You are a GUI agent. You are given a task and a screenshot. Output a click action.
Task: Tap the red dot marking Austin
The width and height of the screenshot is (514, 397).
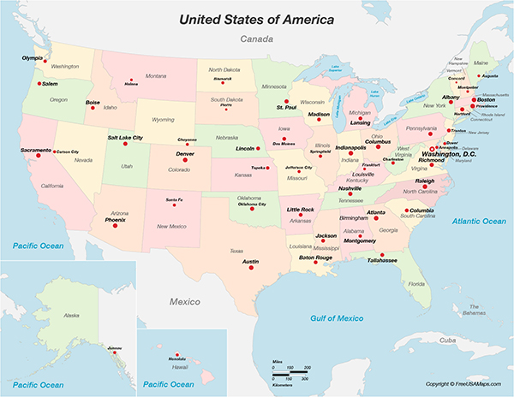252,268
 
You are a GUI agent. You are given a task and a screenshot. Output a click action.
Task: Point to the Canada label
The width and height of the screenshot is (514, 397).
256,39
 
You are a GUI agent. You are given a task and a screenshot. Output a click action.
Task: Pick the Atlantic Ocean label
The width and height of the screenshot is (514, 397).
479,222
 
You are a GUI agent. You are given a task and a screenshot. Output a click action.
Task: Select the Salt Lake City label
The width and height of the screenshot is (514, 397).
125,137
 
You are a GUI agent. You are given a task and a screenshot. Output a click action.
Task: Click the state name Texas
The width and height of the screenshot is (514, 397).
236,251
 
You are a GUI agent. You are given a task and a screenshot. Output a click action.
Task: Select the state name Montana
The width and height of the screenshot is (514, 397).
155,76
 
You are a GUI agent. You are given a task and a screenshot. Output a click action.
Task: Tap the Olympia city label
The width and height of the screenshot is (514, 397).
32,57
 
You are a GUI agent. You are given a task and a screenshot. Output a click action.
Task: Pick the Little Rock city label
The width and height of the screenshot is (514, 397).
301,210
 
